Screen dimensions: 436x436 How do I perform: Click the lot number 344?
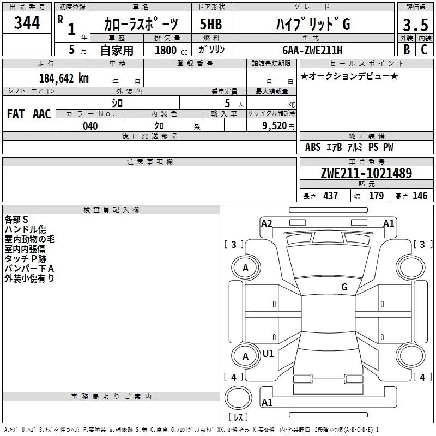[27, 23]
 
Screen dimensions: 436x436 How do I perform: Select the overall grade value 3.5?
[415, 25]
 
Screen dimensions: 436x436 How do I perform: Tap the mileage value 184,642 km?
[64, 78]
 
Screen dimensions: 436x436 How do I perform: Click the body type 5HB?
[211, 24]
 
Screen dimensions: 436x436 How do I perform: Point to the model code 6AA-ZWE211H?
[312, 50]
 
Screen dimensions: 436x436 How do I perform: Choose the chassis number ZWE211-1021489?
[366, 173]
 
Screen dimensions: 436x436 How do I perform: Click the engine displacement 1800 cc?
[171, 50]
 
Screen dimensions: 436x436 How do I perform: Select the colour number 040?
[90, 126]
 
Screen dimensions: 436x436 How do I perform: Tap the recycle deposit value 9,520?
[275, 126]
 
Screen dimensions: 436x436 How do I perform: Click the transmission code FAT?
[16, 114]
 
